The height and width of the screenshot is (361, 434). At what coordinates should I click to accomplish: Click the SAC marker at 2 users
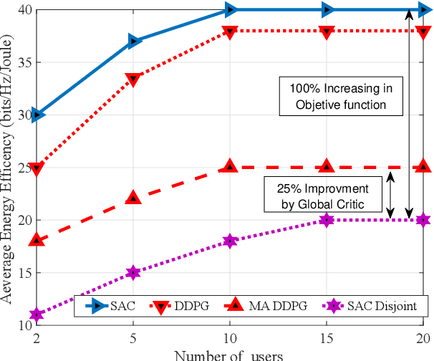tap(38, 115)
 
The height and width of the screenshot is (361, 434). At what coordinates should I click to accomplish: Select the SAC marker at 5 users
tap(134, 42)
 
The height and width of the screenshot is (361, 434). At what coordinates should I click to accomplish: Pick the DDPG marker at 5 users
tap(134, 79)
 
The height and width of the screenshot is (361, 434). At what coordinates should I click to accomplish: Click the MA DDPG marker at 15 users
tap(327, 167)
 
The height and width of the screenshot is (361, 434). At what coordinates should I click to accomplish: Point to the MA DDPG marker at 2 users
tap(38, 240)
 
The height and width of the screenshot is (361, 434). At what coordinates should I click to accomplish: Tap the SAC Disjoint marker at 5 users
tap(134, 272)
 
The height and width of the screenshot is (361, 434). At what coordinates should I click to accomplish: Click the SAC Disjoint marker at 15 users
tap(327, 220)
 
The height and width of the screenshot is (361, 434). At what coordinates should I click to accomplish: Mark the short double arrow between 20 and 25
tap(390, 194)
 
